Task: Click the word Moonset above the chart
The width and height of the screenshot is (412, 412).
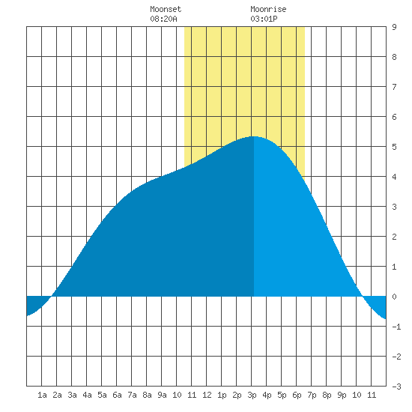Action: [166, 9]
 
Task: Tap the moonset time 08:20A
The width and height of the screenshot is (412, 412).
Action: [163, 19]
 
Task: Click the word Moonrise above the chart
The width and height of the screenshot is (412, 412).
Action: [268, 9]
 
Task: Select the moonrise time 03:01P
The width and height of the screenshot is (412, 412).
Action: [264, 19]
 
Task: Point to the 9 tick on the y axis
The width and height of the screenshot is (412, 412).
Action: [394, 27]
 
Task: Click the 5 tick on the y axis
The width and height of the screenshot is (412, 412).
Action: [394, 147]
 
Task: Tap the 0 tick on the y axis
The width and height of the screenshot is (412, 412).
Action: [394, 297]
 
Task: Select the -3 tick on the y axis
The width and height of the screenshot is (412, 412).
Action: [396, 387]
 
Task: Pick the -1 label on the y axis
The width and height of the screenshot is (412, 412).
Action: [396, 327]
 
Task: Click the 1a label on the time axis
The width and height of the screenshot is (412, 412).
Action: [42, 395]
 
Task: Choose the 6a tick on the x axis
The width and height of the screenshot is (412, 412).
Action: [117, 395]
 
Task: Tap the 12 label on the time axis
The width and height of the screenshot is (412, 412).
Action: [207, 395]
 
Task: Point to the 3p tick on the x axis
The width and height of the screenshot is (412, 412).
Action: [252, 395]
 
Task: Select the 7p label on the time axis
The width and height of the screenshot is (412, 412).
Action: [312, 395]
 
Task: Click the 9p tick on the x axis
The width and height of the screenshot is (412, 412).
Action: [342, 395]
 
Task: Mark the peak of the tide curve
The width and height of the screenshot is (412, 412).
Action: [254, 136]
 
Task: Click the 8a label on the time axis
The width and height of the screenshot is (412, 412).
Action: [147, 395]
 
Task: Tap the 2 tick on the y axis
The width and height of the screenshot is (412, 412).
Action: [394, 237]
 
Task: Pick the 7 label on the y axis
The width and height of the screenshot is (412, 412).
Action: [394, 87]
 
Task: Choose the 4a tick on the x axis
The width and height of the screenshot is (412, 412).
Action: [87, 395]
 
